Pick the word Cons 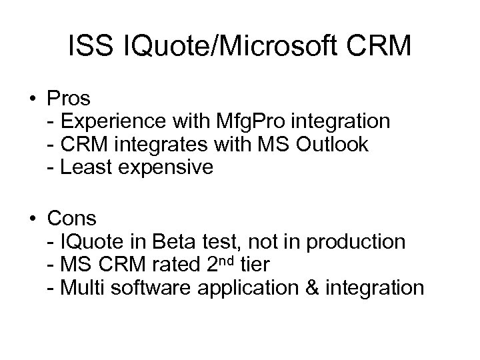tap(71, 218)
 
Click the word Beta tap(175, 241)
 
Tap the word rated tap(171, 264)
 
